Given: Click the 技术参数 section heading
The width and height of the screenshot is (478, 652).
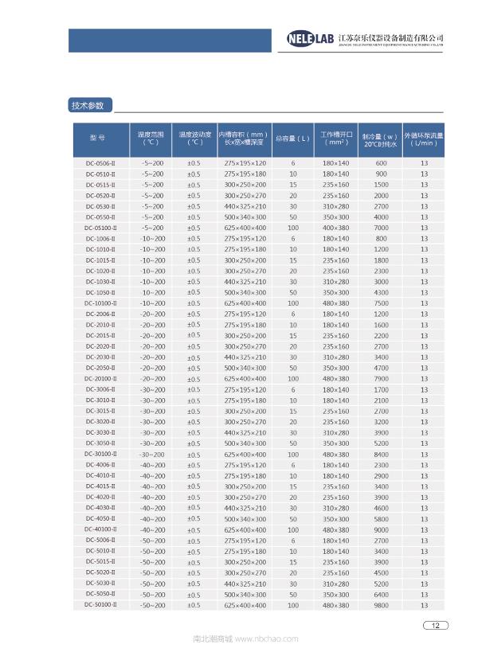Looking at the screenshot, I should [x=88, y=105].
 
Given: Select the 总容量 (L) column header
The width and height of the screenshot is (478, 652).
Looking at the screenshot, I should [x=292, y=139].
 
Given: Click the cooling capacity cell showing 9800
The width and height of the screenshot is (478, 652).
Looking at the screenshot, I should [x=382, y=605].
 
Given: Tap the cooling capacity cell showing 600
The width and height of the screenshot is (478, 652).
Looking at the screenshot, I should [x=382, y=163].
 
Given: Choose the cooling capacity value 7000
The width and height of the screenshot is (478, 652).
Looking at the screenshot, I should [x=382, y=228].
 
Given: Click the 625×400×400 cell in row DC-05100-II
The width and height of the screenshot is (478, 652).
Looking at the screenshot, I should [x=245, y=228].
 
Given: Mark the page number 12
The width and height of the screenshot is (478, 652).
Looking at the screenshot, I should [x=435, y=625].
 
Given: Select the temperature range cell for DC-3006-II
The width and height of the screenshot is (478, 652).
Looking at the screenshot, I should [x=152, y=389].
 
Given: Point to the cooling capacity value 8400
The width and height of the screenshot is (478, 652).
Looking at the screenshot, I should [x=382, y=454].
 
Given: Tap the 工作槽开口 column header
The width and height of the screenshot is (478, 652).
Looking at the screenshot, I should [x=335, y=139].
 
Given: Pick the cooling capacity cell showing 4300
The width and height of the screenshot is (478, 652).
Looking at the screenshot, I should [x=382, y=292].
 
